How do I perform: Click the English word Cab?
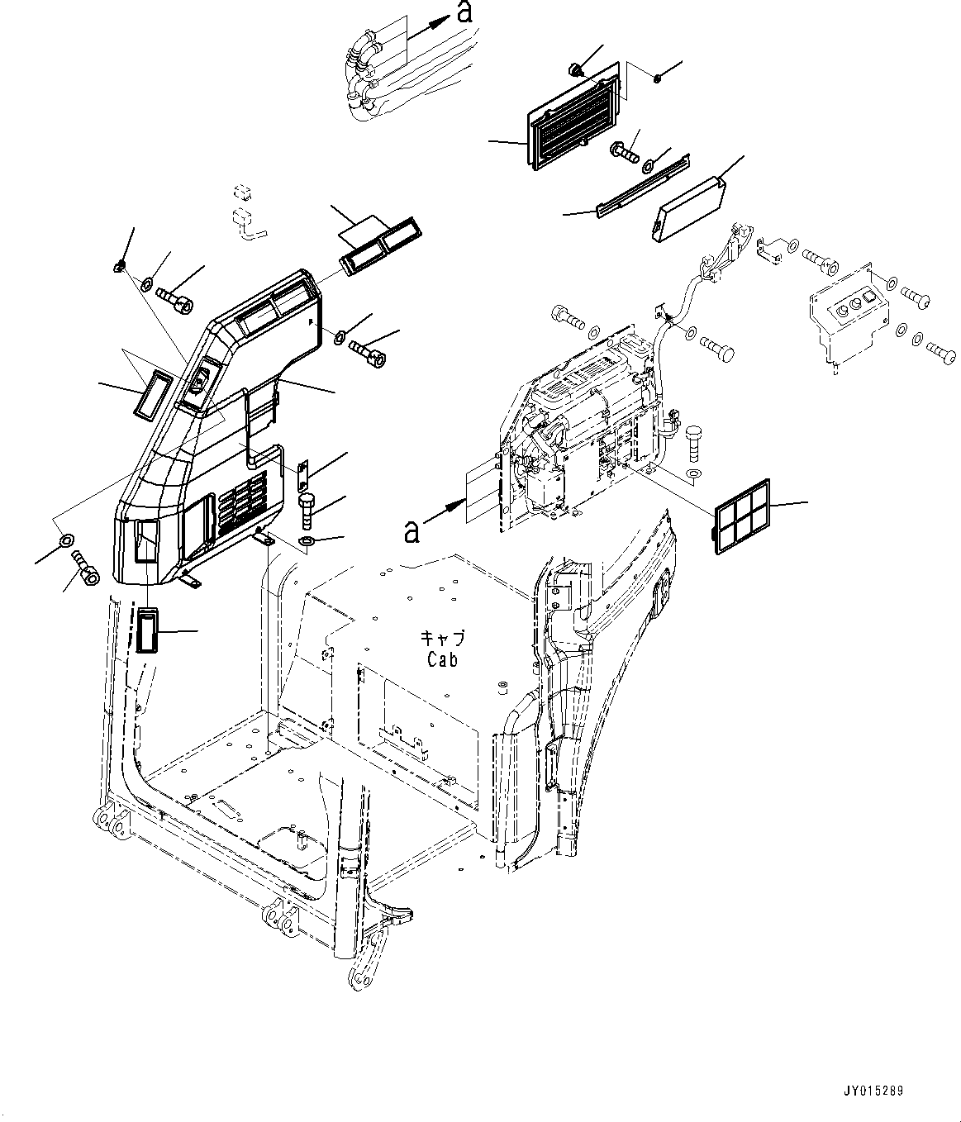click(442, 659)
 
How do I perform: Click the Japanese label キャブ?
click(443, 639)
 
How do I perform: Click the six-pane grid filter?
click(741, 516)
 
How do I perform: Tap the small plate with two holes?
click(302, 477)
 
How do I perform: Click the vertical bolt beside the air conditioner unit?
click(692, 442)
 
